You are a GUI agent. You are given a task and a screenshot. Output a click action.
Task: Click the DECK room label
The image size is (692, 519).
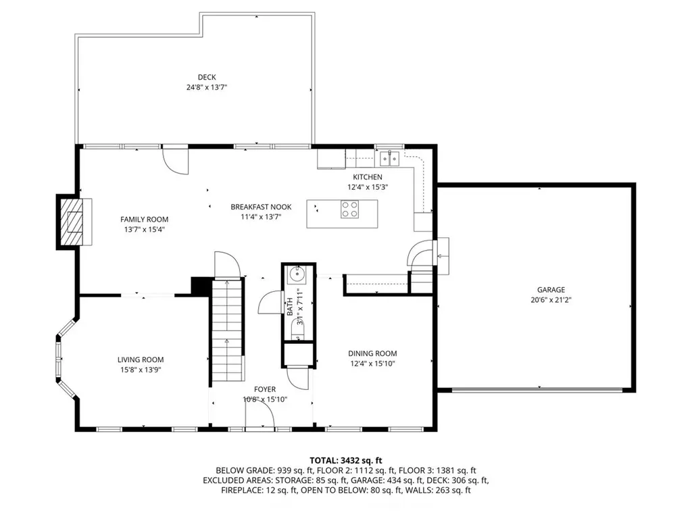coord(207,77)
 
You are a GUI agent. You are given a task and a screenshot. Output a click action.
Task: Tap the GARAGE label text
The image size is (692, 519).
coord(551,290)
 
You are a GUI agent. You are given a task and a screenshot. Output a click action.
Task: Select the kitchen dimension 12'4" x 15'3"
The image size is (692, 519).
coord(368,187)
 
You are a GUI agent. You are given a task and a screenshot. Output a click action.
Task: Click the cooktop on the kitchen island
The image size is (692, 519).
coord(349,209)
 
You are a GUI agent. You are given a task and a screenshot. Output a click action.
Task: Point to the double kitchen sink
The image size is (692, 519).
coord(390,158)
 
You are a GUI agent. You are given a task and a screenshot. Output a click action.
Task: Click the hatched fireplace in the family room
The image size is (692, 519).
coord(72,222)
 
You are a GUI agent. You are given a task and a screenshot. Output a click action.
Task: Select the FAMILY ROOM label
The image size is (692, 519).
coord(145,220)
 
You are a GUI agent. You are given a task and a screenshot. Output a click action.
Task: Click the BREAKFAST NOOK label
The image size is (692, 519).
coord(261,207)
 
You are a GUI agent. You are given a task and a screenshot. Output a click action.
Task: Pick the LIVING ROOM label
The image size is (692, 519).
coord(141,360)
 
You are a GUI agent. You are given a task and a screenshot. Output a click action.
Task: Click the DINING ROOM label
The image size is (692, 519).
coord(372,353)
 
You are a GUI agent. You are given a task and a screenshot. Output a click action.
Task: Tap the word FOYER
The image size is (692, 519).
coord(265,389)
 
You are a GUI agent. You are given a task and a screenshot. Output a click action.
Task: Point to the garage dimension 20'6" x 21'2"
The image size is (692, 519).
coord(551,300)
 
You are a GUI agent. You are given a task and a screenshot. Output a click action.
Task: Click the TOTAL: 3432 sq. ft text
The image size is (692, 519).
coord(345,461)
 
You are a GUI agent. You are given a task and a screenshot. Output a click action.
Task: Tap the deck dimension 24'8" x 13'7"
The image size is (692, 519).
coord(207,87)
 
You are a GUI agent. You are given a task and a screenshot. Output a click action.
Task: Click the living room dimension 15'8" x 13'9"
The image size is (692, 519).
coord(141,370)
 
